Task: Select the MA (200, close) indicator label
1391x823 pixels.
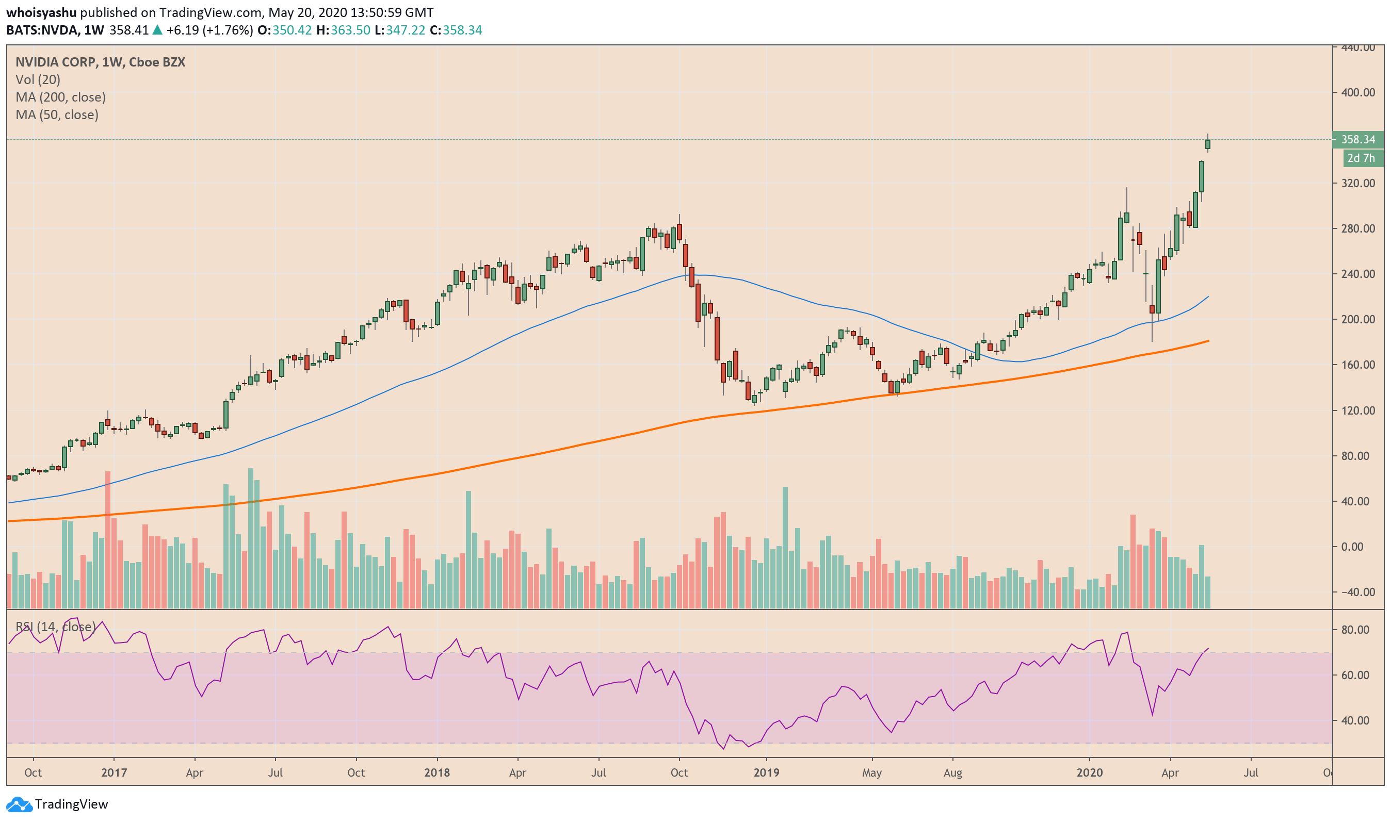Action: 60,97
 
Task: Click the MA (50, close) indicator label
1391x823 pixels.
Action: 57,115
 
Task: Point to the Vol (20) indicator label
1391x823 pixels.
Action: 38,79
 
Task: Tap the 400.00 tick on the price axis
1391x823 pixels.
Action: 1357,93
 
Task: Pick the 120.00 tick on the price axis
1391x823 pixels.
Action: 1357,410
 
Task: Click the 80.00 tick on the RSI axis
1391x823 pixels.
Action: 1354,630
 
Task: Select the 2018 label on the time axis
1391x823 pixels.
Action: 436,772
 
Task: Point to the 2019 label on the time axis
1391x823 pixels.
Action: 766,772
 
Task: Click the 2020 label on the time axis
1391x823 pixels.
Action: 1089,772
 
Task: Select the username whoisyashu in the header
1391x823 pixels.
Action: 41,12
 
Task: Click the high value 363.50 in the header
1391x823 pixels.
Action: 350,30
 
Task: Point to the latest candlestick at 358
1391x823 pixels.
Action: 1207,144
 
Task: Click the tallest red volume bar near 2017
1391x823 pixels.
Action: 108,538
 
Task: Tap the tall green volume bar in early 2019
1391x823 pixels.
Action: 785,546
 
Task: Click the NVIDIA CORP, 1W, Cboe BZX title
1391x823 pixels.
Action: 101,62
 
